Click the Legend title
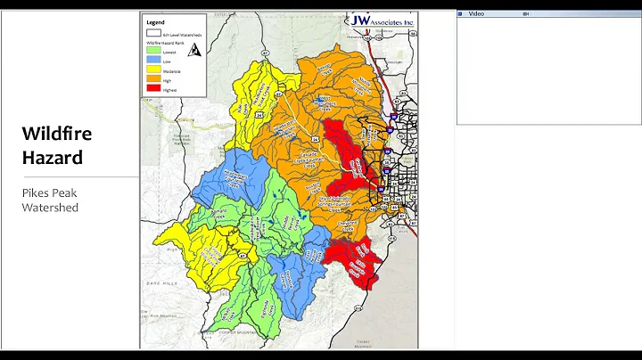pos(154,21)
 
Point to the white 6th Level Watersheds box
pos(153,33)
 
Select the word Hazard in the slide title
pos(53,158)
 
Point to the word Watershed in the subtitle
pos(51,208)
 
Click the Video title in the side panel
pos(477,14)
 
